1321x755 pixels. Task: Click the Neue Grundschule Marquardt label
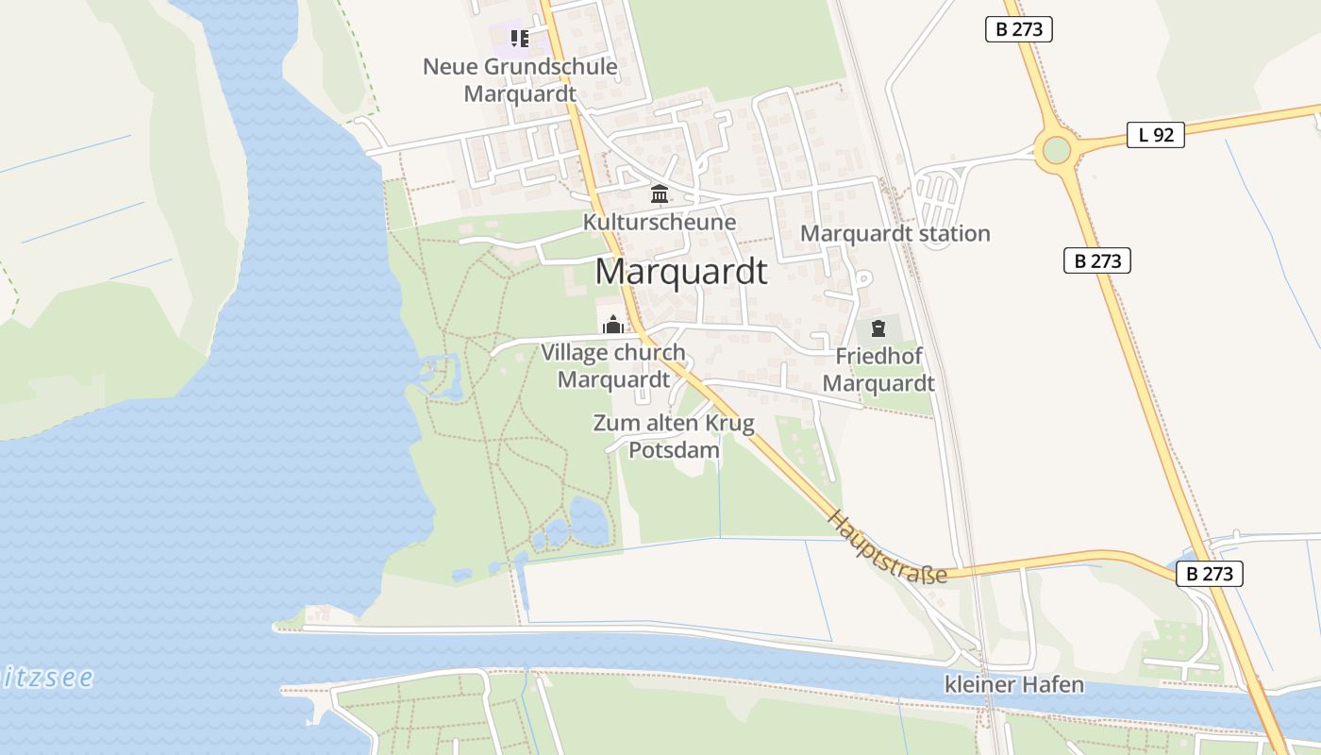pyautogui.click(x=520, y=80)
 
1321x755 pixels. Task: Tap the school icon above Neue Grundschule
pyautogui.click(x=519, y=39)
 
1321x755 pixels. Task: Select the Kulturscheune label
pyautogui.click(x=660, y=223)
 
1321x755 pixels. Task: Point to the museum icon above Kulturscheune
pyautogui.click(x=660, y=194)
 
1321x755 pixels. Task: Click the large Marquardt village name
pyautogui.click(x=681, y=272)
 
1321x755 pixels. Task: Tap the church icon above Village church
pyautogui.click(x=613, y=326)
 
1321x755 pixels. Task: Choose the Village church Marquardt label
pyautogui.click(x=613, y=366)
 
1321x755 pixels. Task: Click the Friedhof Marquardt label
pyautogui.click(x=878, y=370)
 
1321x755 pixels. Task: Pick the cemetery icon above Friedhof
pyautogui.click(x=878, y=328)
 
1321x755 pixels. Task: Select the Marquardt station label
pyautogui.click(x=895, y=233)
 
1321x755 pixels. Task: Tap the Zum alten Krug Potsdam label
pyautogui.click(x=674, y=436)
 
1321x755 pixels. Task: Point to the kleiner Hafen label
pyautogui.click(x=1014, y=685)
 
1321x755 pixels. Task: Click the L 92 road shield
pyautogui.click(x=1156, y=135)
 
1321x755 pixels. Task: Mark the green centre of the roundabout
pyautogui.click(x=1057, y=150)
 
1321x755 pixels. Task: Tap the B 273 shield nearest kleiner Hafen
pyautogui.click(x=1210, y=573)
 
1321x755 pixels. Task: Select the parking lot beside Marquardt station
pyautogui.click(x=938, y=199)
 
